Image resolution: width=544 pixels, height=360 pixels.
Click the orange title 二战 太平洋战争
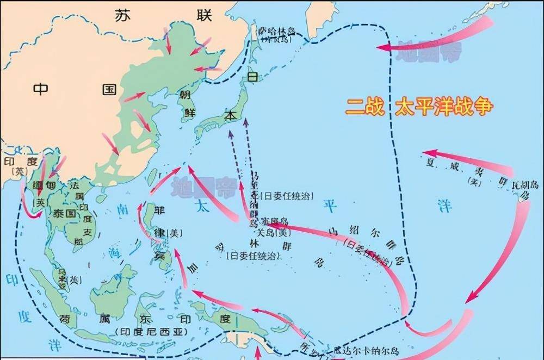pyautogui.click(x=419, y=107)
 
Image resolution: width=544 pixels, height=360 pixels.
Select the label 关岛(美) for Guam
pyautogui.click(x=270, y=233)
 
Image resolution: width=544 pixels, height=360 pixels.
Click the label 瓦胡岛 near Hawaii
pyautogui.click(x=526, y=186)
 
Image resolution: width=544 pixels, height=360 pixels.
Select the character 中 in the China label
pyautogui.click(x=41, y=89)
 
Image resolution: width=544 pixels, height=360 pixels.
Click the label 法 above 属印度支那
pyautogui.click(x=75, y=185)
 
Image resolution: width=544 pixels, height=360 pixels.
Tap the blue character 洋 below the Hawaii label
pyautogui.click(x=444, y=204)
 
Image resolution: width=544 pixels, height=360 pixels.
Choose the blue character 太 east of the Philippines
pyautogui.click(x=202, y=207)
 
